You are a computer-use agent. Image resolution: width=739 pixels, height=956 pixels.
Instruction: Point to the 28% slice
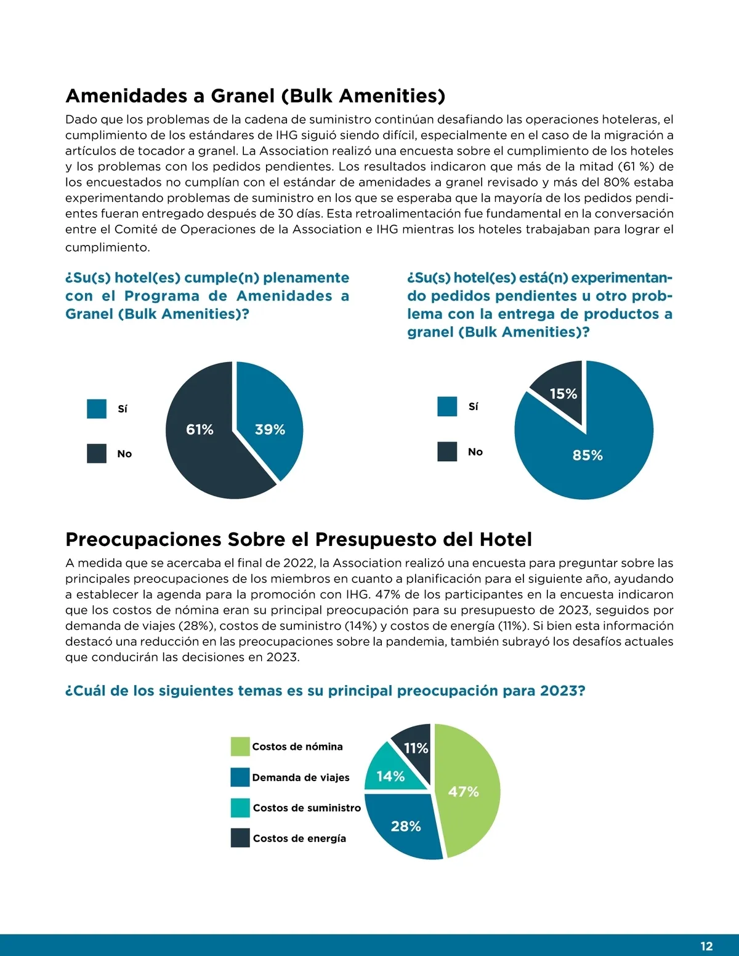(x=403, y=825)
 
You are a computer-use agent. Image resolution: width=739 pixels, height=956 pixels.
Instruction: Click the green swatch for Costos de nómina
(x=240, y=747)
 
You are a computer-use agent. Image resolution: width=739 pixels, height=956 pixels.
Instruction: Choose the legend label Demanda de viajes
(x=301, y=777)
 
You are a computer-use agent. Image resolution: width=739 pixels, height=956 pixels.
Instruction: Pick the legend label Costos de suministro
(x=307, y=808)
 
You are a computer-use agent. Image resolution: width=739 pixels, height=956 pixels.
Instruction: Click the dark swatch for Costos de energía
(x=240, y=838)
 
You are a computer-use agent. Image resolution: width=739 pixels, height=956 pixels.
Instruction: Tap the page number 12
(x=706, y=946)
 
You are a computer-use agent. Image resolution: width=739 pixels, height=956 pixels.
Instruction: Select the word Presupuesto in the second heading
(x=363, y=540)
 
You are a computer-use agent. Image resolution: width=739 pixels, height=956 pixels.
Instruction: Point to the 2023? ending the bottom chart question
(x=562, y=691)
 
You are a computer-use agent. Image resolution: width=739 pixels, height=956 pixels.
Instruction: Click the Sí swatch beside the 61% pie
(x=97, y=409)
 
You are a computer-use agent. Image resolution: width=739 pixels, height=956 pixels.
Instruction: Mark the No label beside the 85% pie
(x=475, y=452)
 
